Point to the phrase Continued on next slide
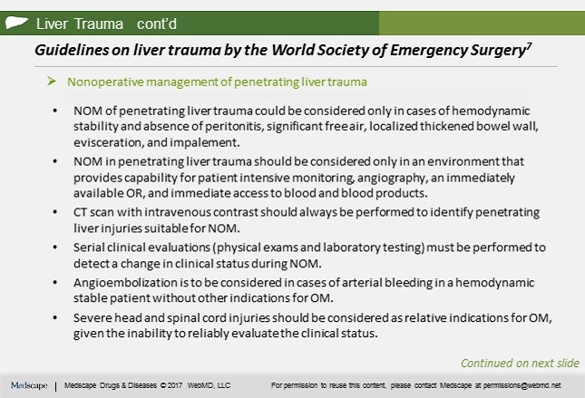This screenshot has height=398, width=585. tap(519, 363)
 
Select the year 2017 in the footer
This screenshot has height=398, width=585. tap(175, 385)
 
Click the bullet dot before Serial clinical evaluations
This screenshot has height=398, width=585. tap(57, 248)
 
